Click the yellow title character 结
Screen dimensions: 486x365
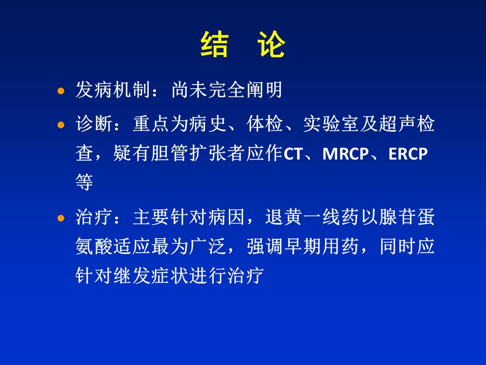point(215,44)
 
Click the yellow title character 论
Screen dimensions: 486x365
point(271,44)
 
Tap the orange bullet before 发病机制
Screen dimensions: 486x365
point(61,91)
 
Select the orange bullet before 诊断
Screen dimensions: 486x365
point(61,125)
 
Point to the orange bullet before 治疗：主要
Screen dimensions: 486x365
point(61,218)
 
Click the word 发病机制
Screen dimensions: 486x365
point(113,90)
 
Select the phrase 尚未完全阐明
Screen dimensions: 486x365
point(227,90)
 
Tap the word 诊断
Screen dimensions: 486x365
point(94,124)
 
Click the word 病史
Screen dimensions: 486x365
point(208,124)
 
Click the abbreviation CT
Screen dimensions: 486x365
point(293,154)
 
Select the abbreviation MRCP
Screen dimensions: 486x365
point(346,154)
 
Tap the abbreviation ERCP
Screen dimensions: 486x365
point(408,154)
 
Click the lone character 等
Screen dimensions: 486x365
point(85,182)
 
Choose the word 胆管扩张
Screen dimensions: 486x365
point(189,153)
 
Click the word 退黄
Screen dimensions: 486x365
point(283,217)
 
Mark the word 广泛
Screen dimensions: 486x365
point(208,246)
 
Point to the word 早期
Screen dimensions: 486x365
point(303,246)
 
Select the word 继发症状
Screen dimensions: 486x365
point(151,275)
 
